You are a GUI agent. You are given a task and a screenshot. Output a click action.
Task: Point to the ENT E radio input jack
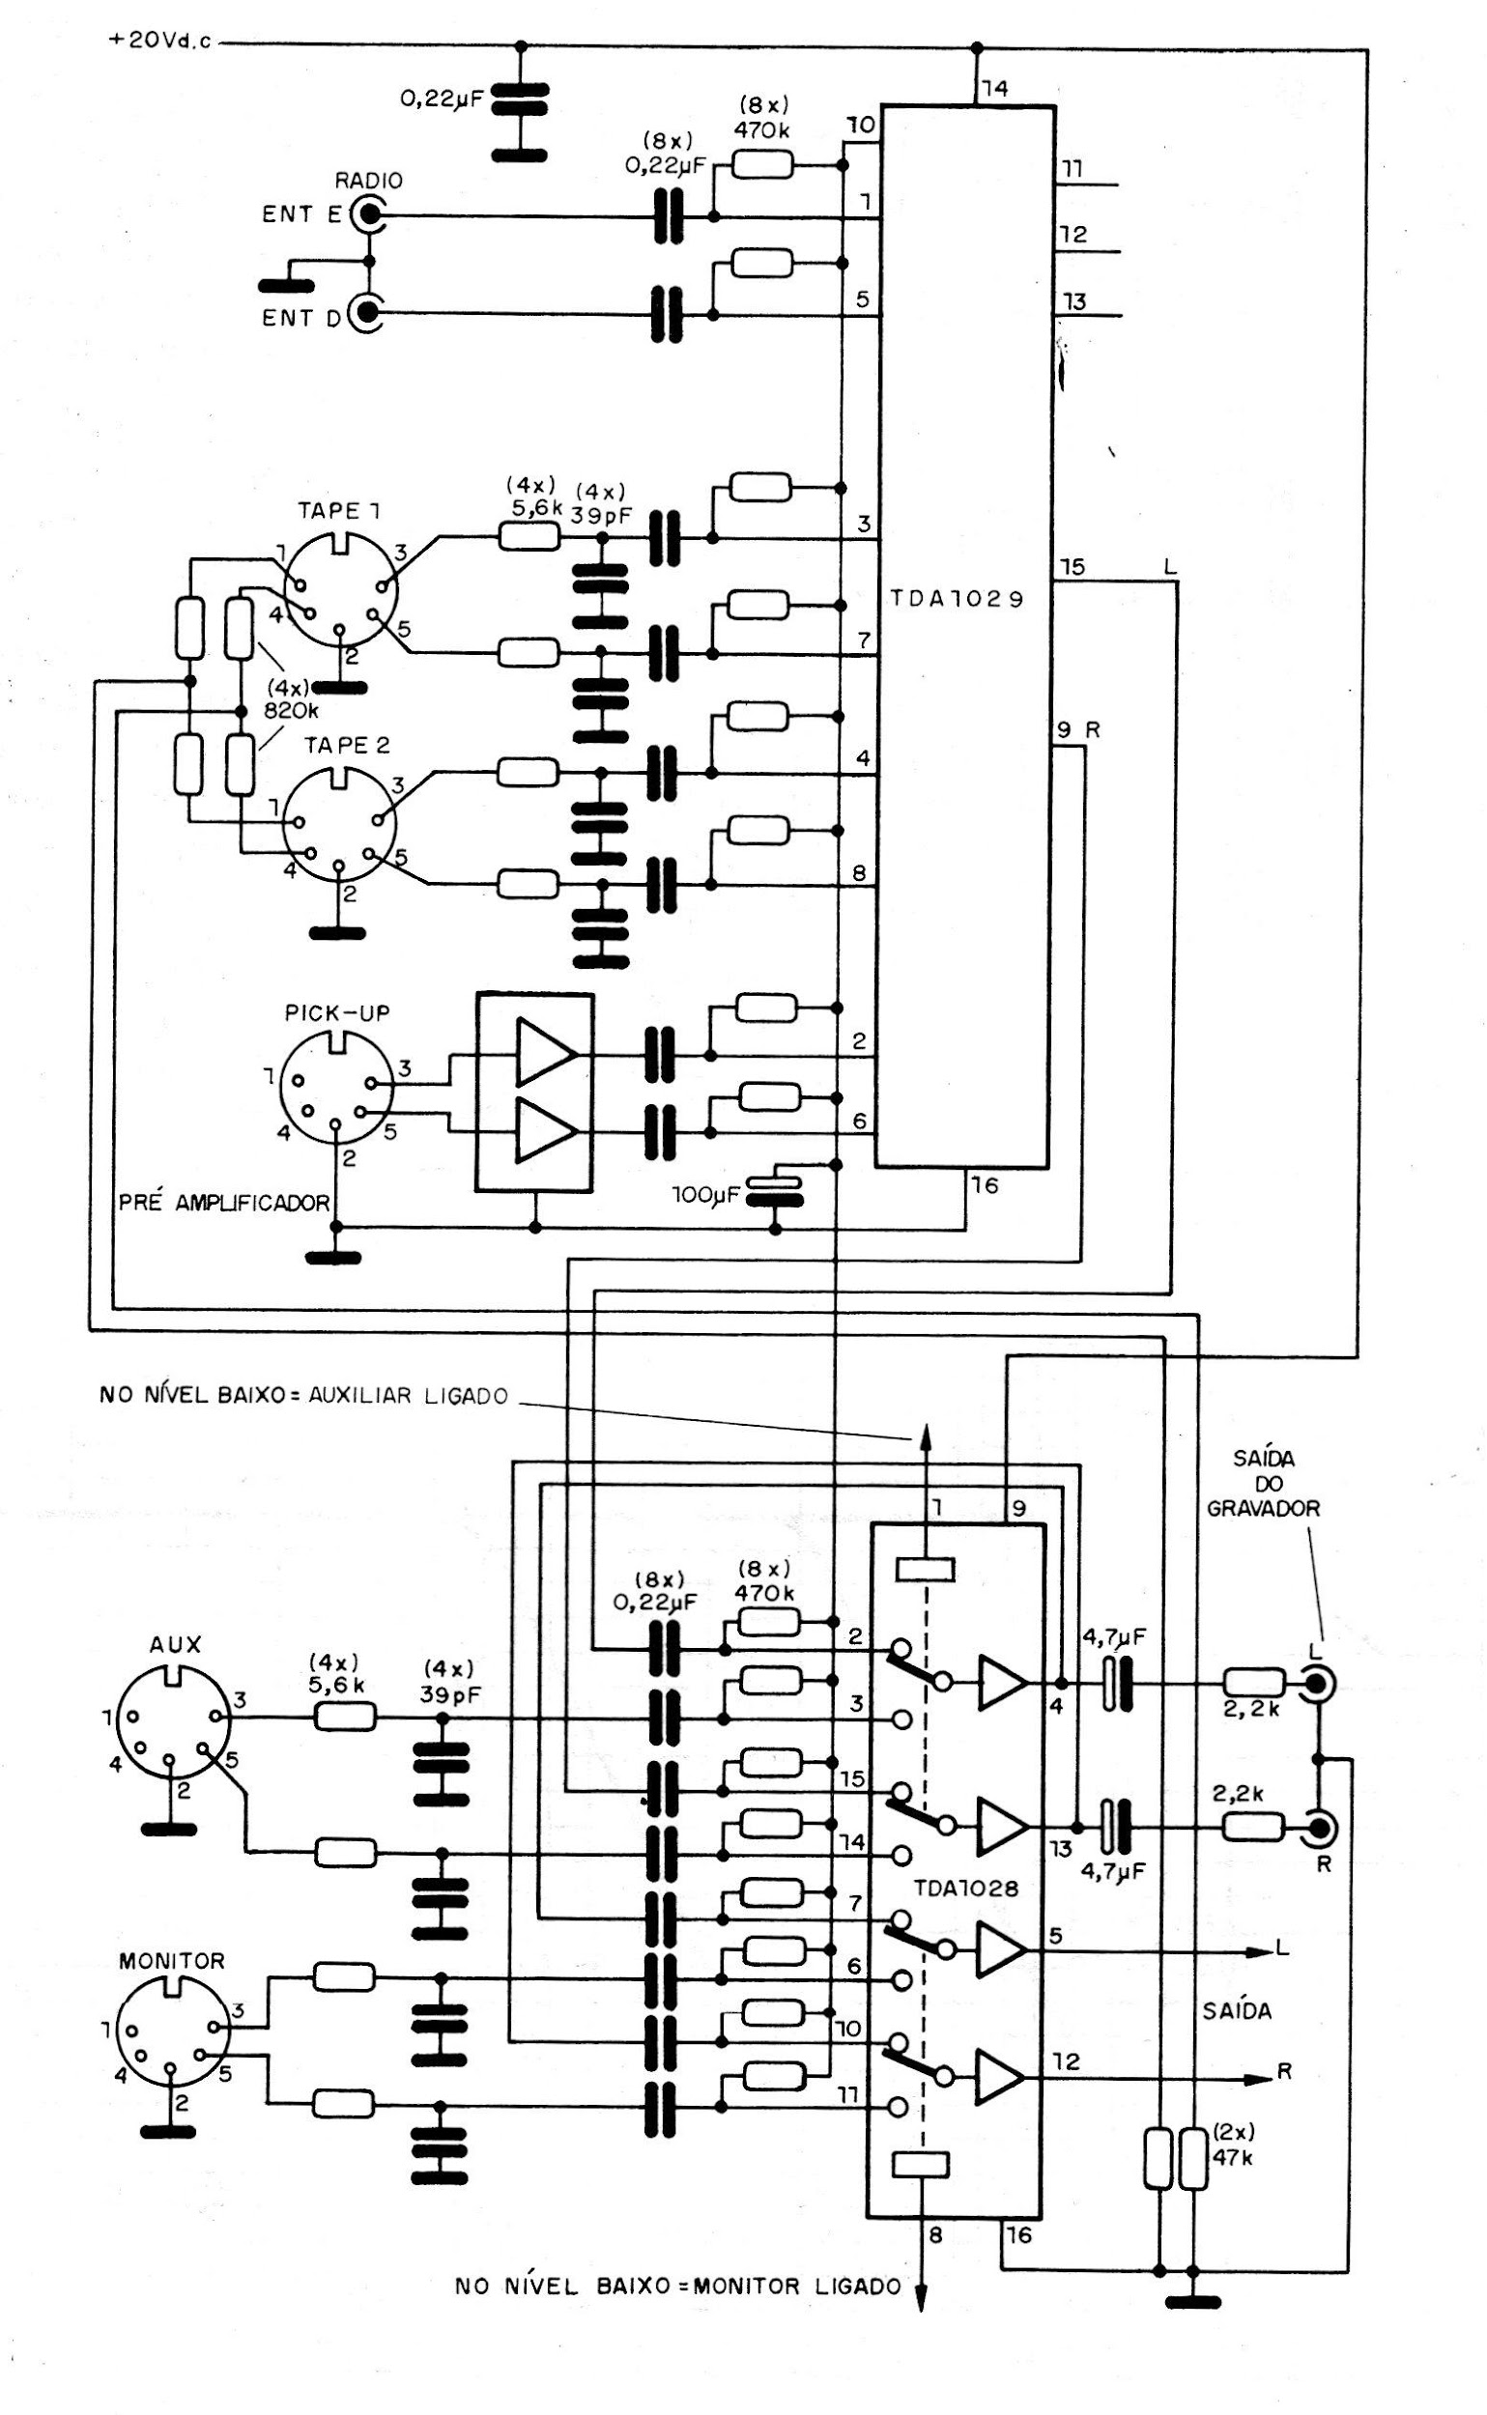tap(370, 213)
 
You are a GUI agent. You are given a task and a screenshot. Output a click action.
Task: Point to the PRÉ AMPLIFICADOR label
tap(223, 1203)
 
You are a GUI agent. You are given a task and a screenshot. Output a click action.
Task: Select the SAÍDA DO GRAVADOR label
tap(1263, 1484)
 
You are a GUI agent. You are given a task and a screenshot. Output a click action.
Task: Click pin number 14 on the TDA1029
tap(994, 89)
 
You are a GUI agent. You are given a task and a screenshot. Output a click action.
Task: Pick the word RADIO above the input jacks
tap(369, 181)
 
